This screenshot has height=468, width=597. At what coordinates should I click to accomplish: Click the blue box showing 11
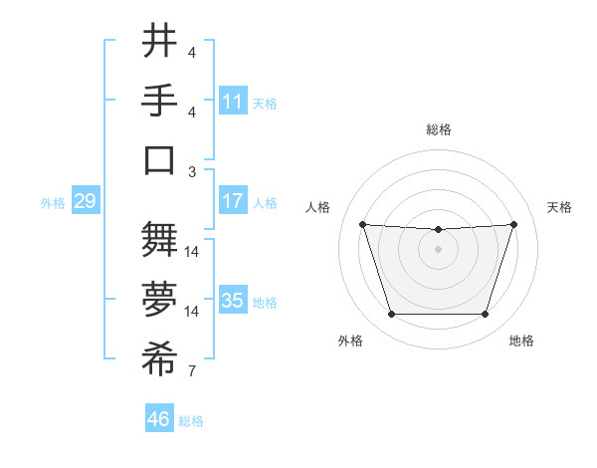coord(233,102)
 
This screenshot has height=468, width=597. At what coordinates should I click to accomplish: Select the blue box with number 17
coord(233,200)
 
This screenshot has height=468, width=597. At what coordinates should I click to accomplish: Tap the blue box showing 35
coord(233,300)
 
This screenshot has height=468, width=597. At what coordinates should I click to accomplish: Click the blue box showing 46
coord(158,418)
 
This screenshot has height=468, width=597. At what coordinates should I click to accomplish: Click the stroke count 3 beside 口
coord(192,171)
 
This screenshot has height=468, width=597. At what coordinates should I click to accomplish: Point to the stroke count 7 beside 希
coord(192,372)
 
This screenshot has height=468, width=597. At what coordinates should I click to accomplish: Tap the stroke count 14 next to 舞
coord(193,252)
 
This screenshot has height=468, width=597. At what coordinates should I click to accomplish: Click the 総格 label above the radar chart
coord(438,129)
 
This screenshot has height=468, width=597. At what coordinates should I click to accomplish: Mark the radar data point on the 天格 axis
coord(513,224)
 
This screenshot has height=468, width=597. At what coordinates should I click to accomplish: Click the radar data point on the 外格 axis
coord(391,315)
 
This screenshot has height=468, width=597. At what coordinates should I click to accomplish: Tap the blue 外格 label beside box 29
coord(53,202)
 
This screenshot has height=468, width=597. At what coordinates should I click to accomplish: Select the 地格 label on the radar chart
coord(521,341)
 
